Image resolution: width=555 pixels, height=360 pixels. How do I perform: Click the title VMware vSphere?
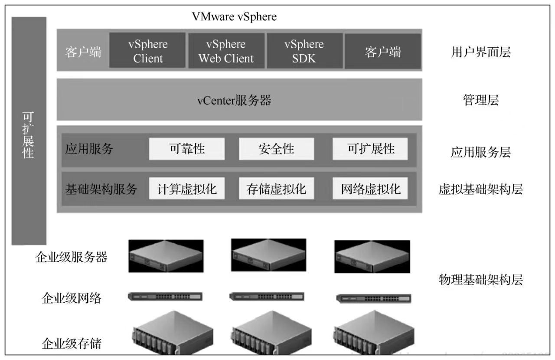(234, 17)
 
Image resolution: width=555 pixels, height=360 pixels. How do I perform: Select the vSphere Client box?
(148, 51)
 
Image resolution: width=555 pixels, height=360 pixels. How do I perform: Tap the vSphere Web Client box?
(226, 51)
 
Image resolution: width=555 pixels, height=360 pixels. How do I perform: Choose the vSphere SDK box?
(304, 51)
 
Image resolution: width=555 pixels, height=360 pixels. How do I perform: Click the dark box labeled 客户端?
(382, 52)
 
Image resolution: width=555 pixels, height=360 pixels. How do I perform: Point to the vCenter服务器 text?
(234, 101)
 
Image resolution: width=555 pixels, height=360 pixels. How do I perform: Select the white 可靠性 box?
(187, 149)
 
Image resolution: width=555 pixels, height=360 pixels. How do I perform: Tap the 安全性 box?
(276, 149)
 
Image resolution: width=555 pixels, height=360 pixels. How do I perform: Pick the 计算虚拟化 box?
(187, 189)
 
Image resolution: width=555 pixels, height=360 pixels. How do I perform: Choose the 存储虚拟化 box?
(276, 189)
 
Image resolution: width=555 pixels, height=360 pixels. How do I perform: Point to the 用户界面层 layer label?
(480, 52)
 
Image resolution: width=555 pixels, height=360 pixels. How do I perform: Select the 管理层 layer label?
(480, 101)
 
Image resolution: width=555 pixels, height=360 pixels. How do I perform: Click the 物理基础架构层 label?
(480, 280)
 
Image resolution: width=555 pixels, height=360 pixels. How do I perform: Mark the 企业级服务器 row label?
(71, 258)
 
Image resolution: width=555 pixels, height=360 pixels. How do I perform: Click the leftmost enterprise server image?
(166, 256)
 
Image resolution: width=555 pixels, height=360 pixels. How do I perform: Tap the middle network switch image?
(267, 297)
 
